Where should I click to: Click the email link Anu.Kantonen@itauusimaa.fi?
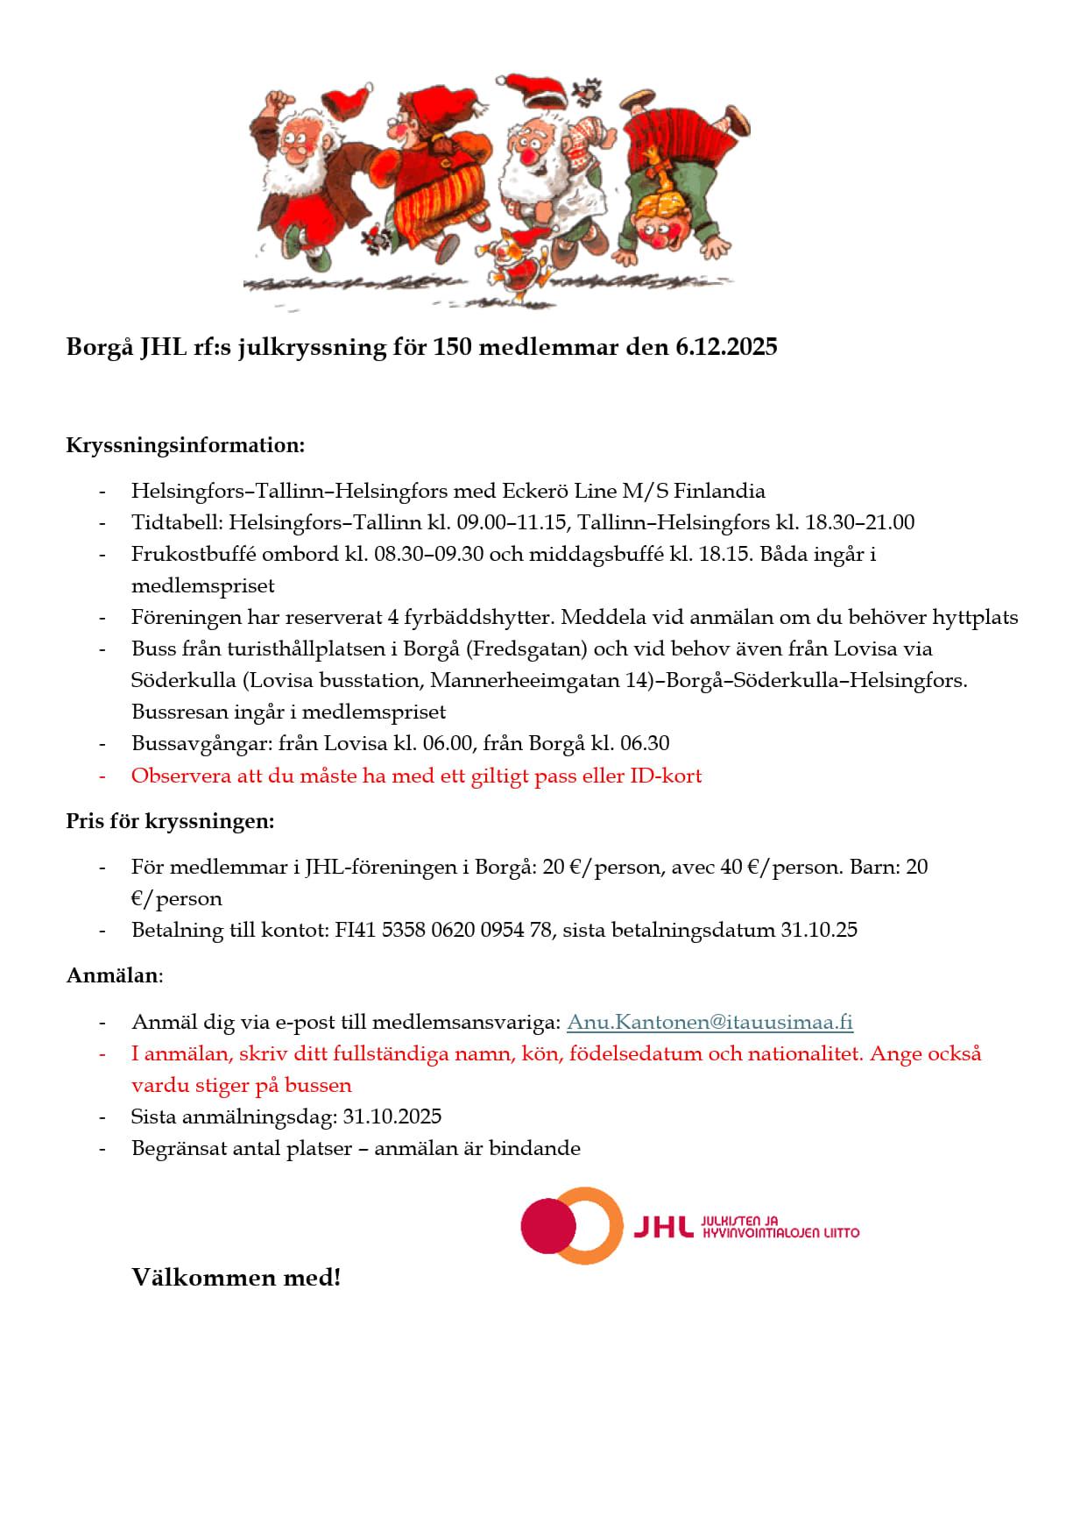709,1022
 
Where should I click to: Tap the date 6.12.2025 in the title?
725,347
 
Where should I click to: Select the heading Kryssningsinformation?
186,445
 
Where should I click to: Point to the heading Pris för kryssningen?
170,822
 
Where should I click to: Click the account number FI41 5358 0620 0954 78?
443,930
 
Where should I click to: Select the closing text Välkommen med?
236,1278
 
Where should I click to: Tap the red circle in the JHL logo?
547,1225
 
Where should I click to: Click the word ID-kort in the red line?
666,776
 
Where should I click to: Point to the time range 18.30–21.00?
859,523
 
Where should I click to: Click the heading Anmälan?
113,975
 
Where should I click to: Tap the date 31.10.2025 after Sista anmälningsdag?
392,1116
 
